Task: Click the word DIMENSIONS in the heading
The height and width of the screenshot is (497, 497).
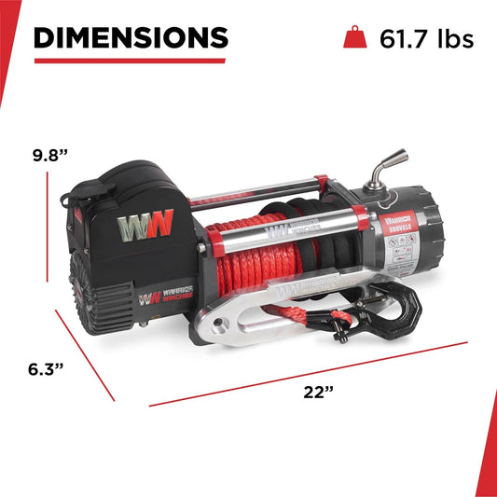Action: point(130,37)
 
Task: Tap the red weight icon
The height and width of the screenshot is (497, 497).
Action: point(356,38)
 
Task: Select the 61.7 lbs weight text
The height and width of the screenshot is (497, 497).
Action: point(426,38)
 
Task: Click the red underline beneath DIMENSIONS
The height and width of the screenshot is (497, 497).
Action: point(130,61)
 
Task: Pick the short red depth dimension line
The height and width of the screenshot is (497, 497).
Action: point(85,355)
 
